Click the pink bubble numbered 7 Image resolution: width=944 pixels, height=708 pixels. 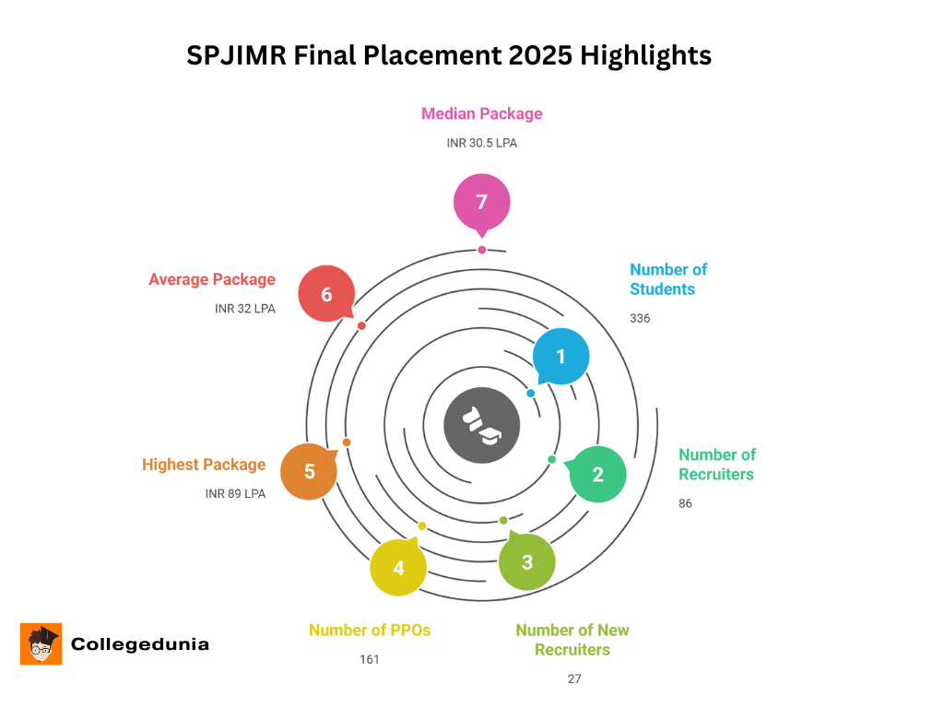(481, 202)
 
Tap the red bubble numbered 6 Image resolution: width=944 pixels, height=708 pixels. (326, 294)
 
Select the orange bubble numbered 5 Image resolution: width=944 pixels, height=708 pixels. (309, 471)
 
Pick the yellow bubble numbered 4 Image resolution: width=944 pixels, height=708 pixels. (397, 568)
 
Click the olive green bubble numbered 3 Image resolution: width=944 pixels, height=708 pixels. (526, 561)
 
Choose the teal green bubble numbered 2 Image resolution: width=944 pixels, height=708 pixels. (597, 475)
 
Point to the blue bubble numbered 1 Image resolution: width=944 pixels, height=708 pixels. (560, 356)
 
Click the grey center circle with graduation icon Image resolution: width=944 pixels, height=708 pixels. (481, 424)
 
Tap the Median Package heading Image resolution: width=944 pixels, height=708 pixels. (481, 114)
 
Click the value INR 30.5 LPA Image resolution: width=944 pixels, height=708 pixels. (481, 143)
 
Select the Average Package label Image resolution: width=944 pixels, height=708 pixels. (212, 279)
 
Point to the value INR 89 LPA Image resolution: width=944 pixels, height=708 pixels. (235, 494)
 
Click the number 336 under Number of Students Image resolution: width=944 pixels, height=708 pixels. (640, 318)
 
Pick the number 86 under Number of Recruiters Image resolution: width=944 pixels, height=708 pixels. (685, 503)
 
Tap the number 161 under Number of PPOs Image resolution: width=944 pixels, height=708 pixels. (370, 659)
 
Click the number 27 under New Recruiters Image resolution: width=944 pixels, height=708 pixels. (574, 679)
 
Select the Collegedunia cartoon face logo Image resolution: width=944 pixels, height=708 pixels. (41, 643)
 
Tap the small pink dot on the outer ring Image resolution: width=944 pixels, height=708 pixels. (481, 250)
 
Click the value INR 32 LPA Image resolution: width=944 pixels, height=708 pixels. (245, 309)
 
